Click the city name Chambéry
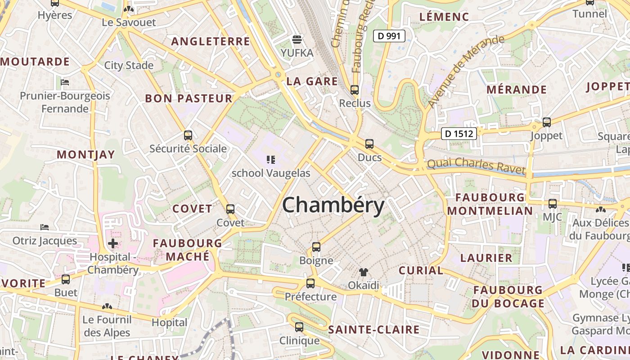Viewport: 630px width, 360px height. tap(333, 206)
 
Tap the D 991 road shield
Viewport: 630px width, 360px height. tap(389, 36)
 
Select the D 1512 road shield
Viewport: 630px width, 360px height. tap(459, 134)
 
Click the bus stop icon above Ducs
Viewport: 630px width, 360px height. tap(369, 144)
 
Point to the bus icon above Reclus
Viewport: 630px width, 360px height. tap(355, 90)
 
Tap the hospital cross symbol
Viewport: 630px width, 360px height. tap(113, 244)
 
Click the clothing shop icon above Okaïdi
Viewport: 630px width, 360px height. tap(364, 272)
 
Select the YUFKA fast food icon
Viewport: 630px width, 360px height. tap(297, 40)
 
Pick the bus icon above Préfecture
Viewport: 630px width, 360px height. tap(310, 283)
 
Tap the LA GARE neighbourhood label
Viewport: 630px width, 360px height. tap(312, 81)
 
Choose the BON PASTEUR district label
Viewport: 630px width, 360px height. tap(189, 99)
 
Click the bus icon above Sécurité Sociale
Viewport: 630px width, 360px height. tap(188, 135)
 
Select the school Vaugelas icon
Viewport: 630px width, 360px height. tap(270, 159)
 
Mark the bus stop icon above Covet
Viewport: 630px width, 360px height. tap(230, 209)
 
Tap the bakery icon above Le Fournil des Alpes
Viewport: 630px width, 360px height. tap(107, 306)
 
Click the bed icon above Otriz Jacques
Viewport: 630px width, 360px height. tap(45, 227)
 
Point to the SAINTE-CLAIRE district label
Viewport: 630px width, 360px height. tap(373, 330)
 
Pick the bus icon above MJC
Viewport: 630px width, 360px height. tap(553, 204)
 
